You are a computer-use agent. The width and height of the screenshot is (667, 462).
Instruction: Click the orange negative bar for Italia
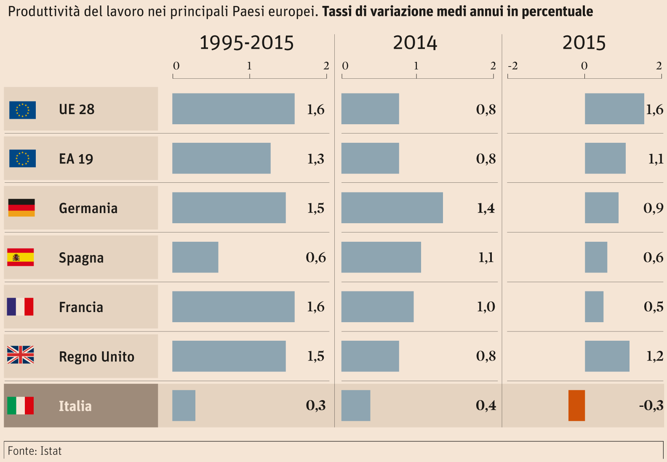pyautogui.click(x=576, y=406)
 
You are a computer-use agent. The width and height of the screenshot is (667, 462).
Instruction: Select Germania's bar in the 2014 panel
pyautogui.click(x=392, y=208)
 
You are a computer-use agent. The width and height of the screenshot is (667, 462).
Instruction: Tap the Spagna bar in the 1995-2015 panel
pyautogui.click(x=195, y=257)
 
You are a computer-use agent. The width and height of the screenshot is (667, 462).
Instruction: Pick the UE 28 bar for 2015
pyautogui.click(x=614, y=109)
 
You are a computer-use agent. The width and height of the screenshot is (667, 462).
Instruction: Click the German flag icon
pyautogui.click(x=21, y=208)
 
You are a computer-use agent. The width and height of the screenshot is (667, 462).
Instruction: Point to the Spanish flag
pyautogui.click(x=21, y=257)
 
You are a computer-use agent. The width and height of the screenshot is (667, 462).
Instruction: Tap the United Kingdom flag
pyautogui.click(x=21, y=355)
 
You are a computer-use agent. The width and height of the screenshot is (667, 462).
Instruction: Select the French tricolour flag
pyautogui.click(x=20, y=307)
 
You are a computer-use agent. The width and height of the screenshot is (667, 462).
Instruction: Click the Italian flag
pyautogui.click(x=21, y=406)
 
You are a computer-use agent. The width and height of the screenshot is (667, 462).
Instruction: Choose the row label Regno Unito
pyautogui.click(x=96, y=357)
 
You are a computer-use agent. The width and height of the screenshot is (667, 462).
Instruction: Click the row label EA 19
pyautogui.click(x=76, y=159)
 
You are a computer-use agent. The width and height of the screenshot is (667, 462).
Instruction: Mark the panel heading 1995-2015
pyautogui.click(x=246, y=43)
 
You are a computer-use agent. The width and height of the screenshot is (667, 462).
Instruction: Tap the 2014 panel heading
pyautogui.click(x=415, y=43)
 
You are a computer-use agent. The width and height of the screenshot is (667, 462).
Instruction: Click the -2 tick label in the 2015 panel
pyautogui.click(x=512, y=66)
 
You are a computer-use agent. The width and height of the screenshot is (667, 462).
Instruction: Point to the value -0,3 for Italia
pyautogui.click(x=651, y=406)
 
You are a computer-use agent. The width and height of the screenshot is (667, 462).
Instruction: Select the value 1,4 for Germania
pyautogui.click(x=486, y=208)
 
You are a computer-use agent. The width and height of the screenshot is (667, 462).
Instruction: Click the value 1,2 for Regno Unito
pyautogui.click(x=655, y=356)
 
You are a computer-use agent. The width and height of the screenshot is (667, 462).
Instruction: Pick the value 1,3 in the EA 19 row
pyautogui.click(x=315, y=159)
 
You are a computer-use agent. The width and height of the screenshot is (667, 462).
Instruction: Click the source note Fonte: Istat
pyautogui.click(x=35, y=451)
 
